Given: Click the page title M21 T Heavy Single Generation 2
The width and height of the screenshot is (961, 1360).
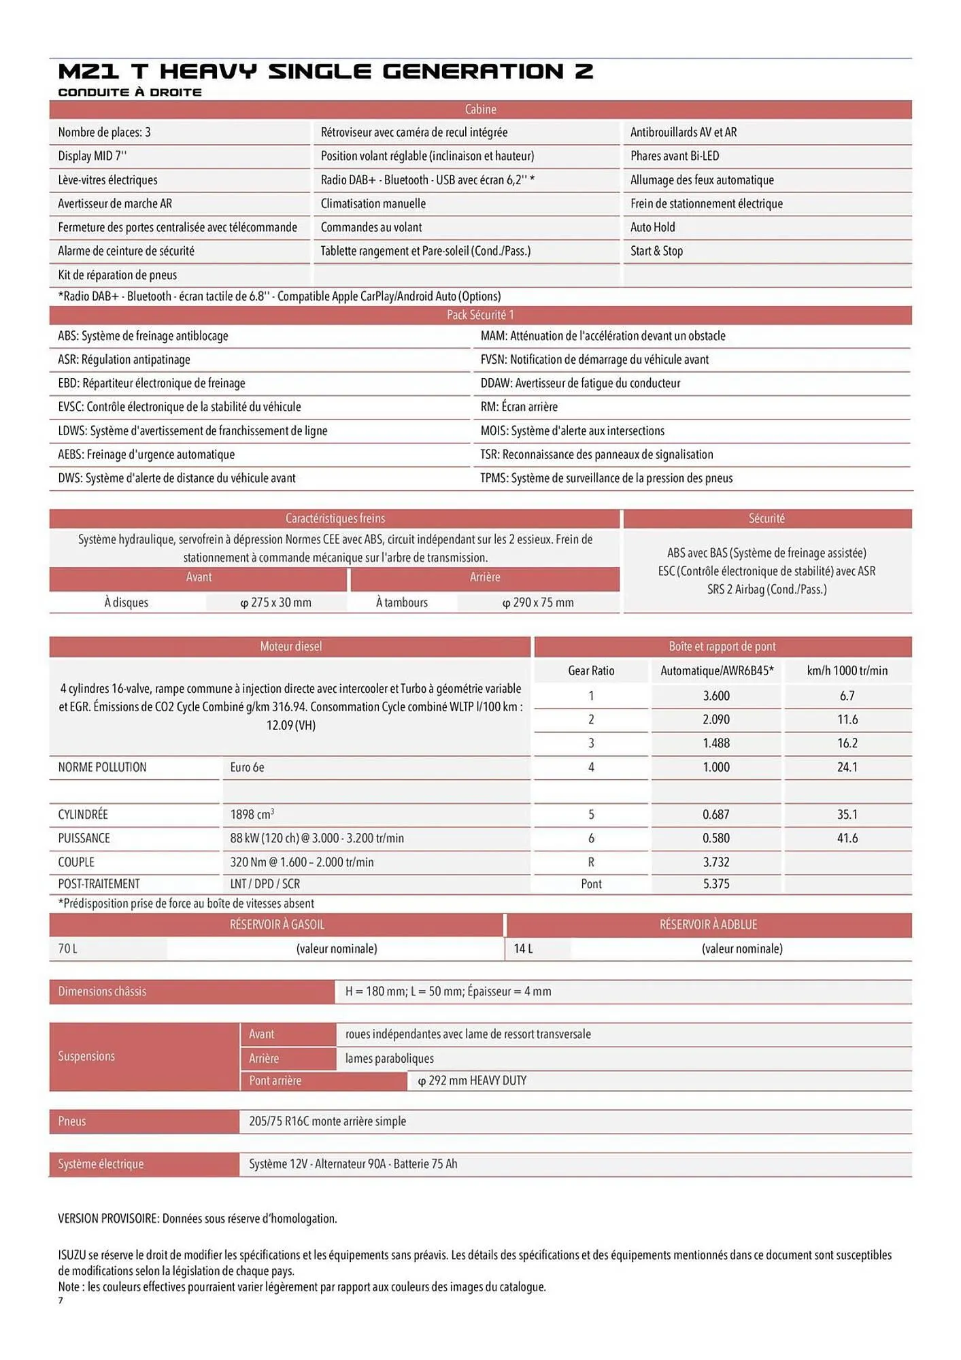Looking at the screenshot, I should (325, 71).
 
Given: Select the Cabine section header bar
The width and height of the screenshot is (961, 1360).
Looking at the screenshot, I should (480, 109).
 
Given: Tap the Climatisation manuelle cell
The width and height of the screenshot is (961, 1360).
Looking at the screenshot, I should (373, 203).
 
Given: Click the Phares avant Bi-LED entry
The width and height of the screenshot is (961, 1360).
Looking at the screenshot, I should (674, 156).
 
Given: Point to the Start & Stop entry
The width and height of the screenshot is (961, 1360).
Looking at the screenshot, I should (656, 251).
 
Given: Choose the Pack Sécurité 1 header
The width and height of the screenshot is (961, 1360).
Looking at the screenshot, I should (480, 315).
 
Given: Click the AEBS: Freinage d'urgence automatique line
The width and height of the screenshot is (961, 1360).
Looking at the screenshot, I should (146, 454).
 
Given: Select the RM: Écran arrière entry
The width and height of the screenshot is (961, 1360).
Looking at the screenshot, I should (519, 407).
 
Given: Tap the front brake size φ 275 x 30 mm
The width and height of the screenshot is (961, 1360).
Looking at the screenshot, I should (275, 602).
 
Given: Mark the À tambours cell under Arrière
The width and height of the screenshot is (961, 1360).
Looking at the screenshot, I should (401, 602).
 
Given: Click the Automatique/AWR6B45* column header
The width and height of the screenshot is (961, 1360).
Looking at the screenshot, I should (717, 670).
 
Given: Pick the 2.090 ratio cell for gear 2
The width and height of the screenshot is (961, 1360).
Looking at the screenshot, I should (716, 719).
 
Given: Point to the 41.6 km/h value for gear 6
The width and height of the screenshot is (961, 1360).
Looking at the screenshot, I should (847, 838).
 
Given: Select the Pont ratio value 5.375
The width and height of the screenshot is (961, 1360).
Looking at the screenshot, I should (716, 884).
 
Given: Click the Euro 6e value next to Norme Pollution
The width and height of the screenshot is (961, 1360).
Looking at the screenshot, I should (247, 767).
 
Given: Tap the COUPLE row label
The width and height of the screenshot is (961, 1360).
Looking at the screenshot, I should (76, 862).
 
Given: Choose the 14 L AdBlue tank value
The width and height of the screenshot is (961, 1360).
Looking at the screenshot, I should (523, 949).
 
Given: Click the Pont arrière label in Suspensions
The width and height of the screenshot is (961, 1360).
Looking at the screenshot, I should (275, 1081).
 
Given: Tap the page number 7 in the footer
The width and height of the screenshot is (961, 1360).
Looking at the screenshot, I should (61, 1301).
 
